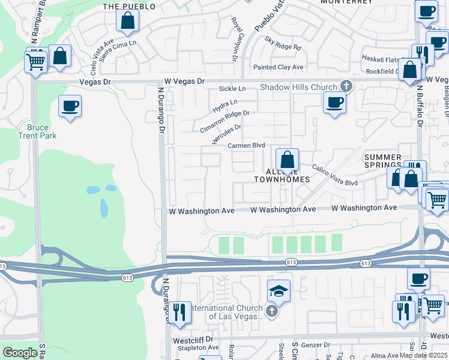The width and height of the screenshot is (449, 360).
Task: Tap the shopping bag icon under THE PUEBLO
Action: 128,21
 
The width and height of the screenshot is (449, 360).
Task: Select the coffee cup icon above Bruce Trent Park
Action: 70,107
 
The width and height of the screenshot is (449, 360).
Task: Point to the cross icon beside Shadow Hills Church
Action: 346,87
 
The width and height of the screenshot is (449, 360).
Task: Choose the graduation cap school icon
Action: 279,292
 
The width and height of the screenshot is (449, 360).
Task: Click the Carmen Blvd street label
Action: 246,146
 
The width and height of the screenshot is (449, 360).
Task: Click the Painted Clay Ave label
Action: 278,67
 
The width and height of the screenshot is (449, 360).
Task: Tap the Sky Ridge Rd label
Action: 283,43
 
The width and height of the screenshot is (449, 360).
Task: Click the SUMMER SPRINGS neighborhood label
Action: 383,161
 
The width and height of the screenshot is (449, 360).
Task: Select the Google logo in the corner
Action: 20,353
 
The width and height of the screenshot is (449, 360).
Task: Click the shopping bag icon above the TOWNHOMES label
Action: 288,160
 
